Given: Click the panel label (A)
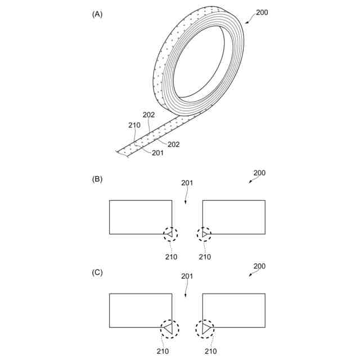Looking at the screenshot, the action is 97,15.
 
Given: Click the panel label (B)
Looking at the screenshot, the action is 97,179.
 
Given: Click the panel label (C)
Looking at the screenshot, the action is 97,272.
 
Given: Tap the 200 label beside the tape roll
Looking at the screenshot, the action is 262,12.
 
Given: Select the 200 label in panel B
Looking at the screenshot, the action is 259,173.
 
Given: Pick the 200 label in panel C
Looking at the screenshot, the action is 259,266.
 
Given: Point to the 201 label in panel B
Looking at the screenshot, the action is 187,183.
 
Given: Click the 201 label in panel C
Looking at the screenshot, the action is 187,276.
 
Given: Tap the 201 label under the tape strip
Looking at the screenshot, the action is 158,153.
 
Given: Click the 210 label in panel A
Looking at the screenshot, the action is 134,125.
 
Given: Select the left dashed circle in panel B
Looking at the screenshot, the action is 170,233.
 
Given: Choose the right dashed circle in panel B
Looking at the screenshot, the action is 205,233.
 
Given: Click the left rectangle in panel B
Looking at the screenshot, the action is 141,217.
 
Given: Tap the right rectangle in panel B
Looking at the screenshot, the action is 233,217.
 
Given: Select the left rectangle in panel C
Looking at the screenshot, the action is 141,310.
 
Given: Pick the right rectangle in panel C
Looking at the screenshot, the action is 233,310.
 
